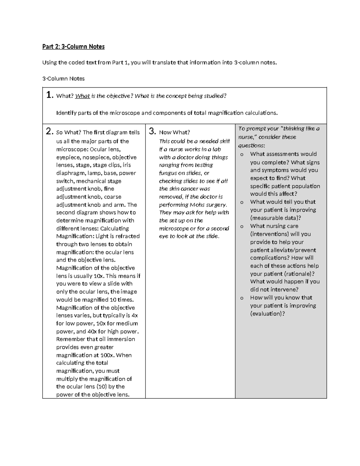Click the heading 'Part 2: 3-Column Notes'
(x=73, y=47)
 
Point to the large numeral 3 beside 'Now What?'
(x=152, y=131)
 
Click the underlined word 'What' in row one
(x=82, y=96)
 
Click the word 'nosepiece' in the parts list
(x=94, y=157)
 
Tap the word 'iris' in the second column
(x=127, y=165)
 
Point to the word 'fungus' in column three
(x=168, y=173)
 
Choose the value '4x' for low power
(x=135, y=315)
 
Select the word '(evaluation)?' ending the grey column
(x=267, y=314)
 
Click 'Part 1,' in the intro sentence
(x=121, y=62)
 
